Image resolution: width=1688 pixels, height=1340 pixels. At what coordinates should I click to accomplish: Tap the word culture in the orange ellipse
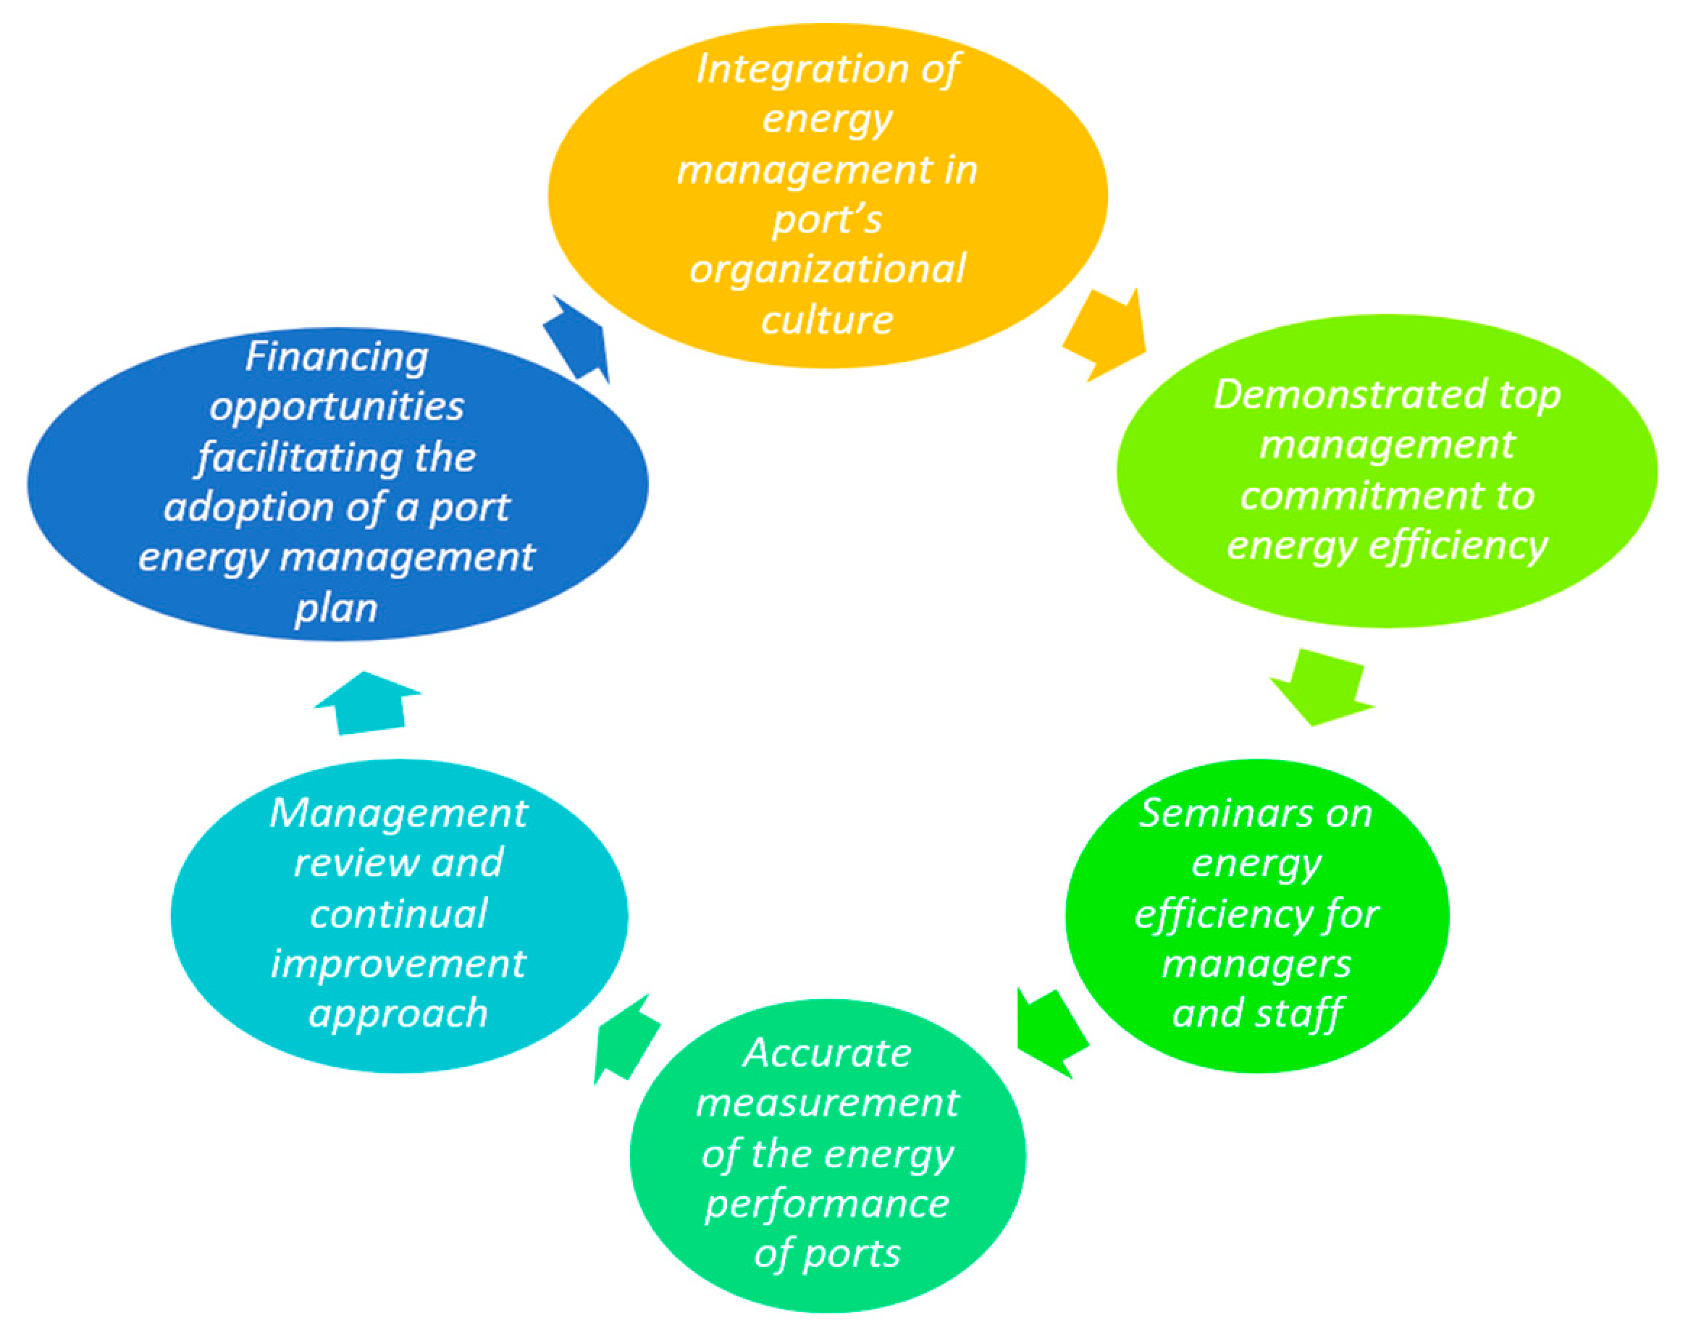pyautogui.click(x=828, y=319)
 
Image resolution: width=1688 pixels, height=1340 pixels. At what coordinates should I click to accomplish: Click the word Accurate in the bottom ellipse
pyautogui.click(x=828, y=1053)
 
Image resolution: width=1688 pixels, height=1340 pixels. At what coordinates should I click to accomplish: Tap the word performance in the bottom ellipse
pyautogui.click(x=828, y=1203)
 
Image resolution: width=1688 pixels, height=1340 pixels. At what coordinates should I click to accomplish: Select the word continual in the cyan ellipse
pyautogui.click(x=398, y=914)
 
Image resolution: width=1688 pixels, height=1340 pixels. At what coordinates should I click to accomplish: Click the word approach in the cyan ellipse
pyautogui.click(x=398, y=1014)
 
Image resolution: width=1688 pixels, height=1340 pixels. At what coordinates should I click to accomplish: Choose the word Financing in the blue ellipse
pyautogui.click(x=337, y=357)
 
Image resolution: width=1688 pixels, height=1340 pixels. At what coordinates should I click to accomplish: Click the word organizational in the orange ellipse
pyautogui.click(x=828, y=269)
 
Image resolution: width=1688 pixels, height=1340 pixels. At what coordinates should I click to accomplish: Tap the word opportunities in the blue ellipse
pyautogui.click(x=337, y=407)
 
